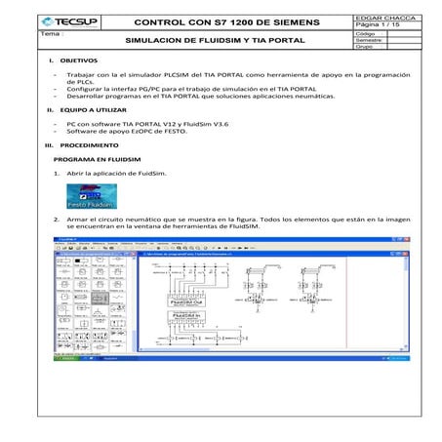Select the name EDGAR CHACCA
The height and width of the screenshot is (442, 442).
[x=381, y=17]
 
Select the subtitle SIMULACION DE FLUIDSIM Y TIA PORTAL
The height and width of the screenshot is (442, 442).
[x=216, y=41]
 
